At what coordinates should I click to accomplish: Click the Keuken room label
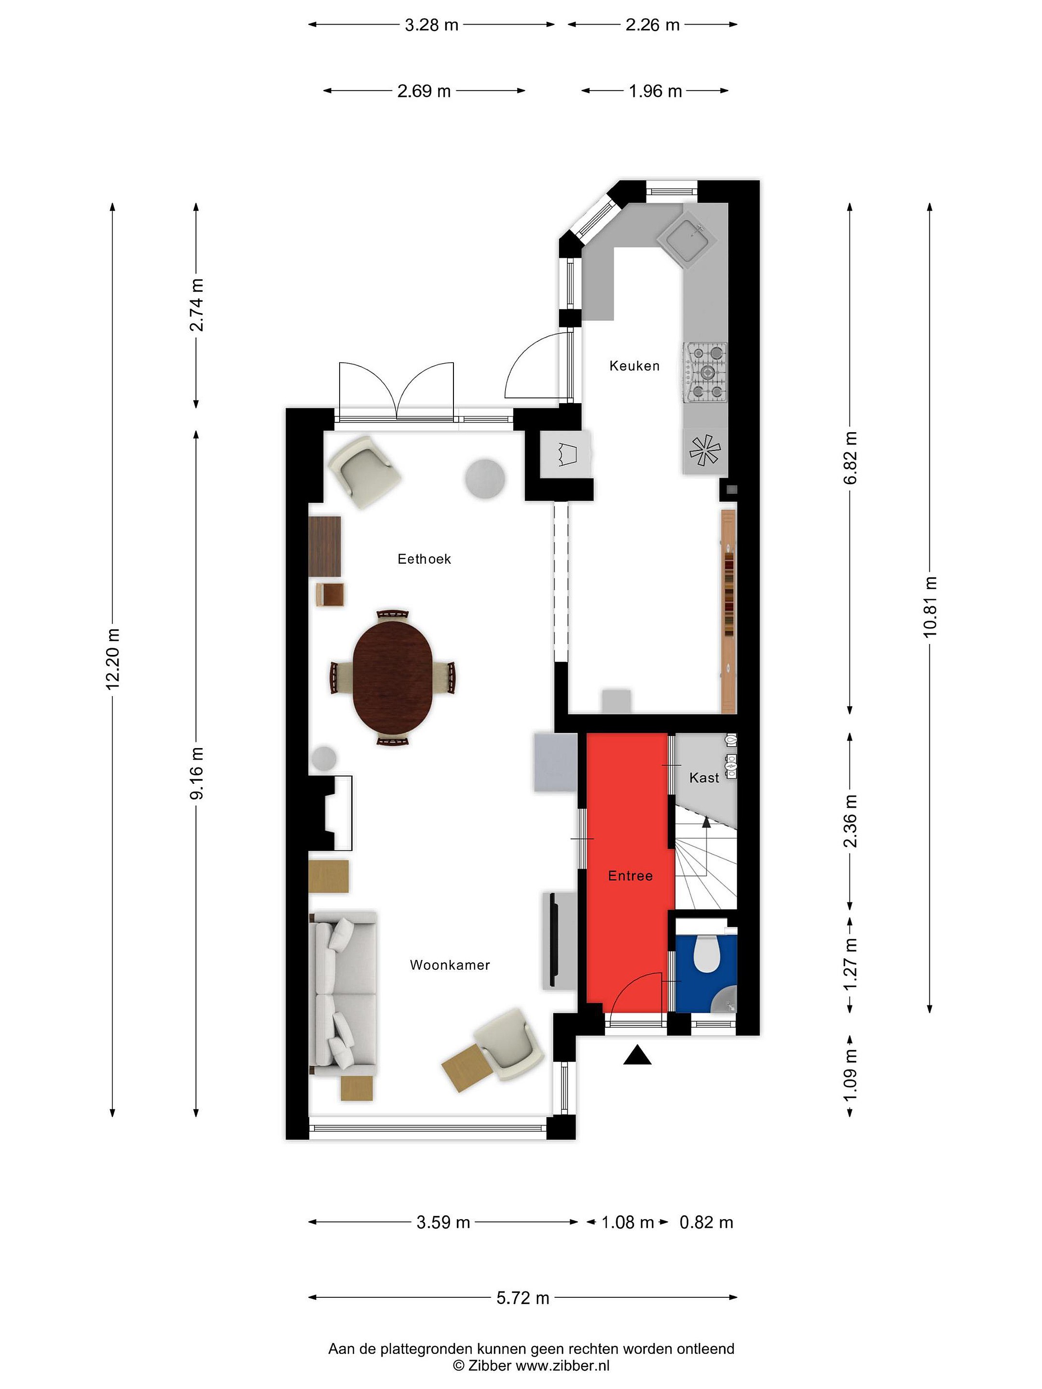pos(634,366)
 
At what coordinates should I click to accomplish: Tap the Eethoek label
pos(424,559)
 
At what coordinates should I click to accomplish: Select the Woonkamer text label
pos(450,965)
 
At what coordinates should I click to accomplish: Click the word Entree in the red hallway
pos(630,876)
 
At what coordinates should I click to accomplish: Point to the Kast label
pos(704,778)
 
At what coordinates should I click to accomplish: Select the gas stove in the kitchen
pos(706,372)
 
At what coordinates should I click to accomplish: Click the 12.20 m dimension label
pos(113,659)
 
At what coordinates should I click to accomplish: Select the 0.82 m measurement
pos(707,1223)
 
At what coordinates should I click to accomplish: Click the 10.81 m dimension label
pos(930,607)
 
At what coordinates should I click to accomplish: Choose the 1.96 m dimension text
pos(655,92)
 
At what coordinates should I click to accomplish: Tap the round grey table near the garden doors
pos(485,478)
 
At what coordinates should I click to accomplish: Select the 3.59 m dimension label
pos(443,1223)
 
